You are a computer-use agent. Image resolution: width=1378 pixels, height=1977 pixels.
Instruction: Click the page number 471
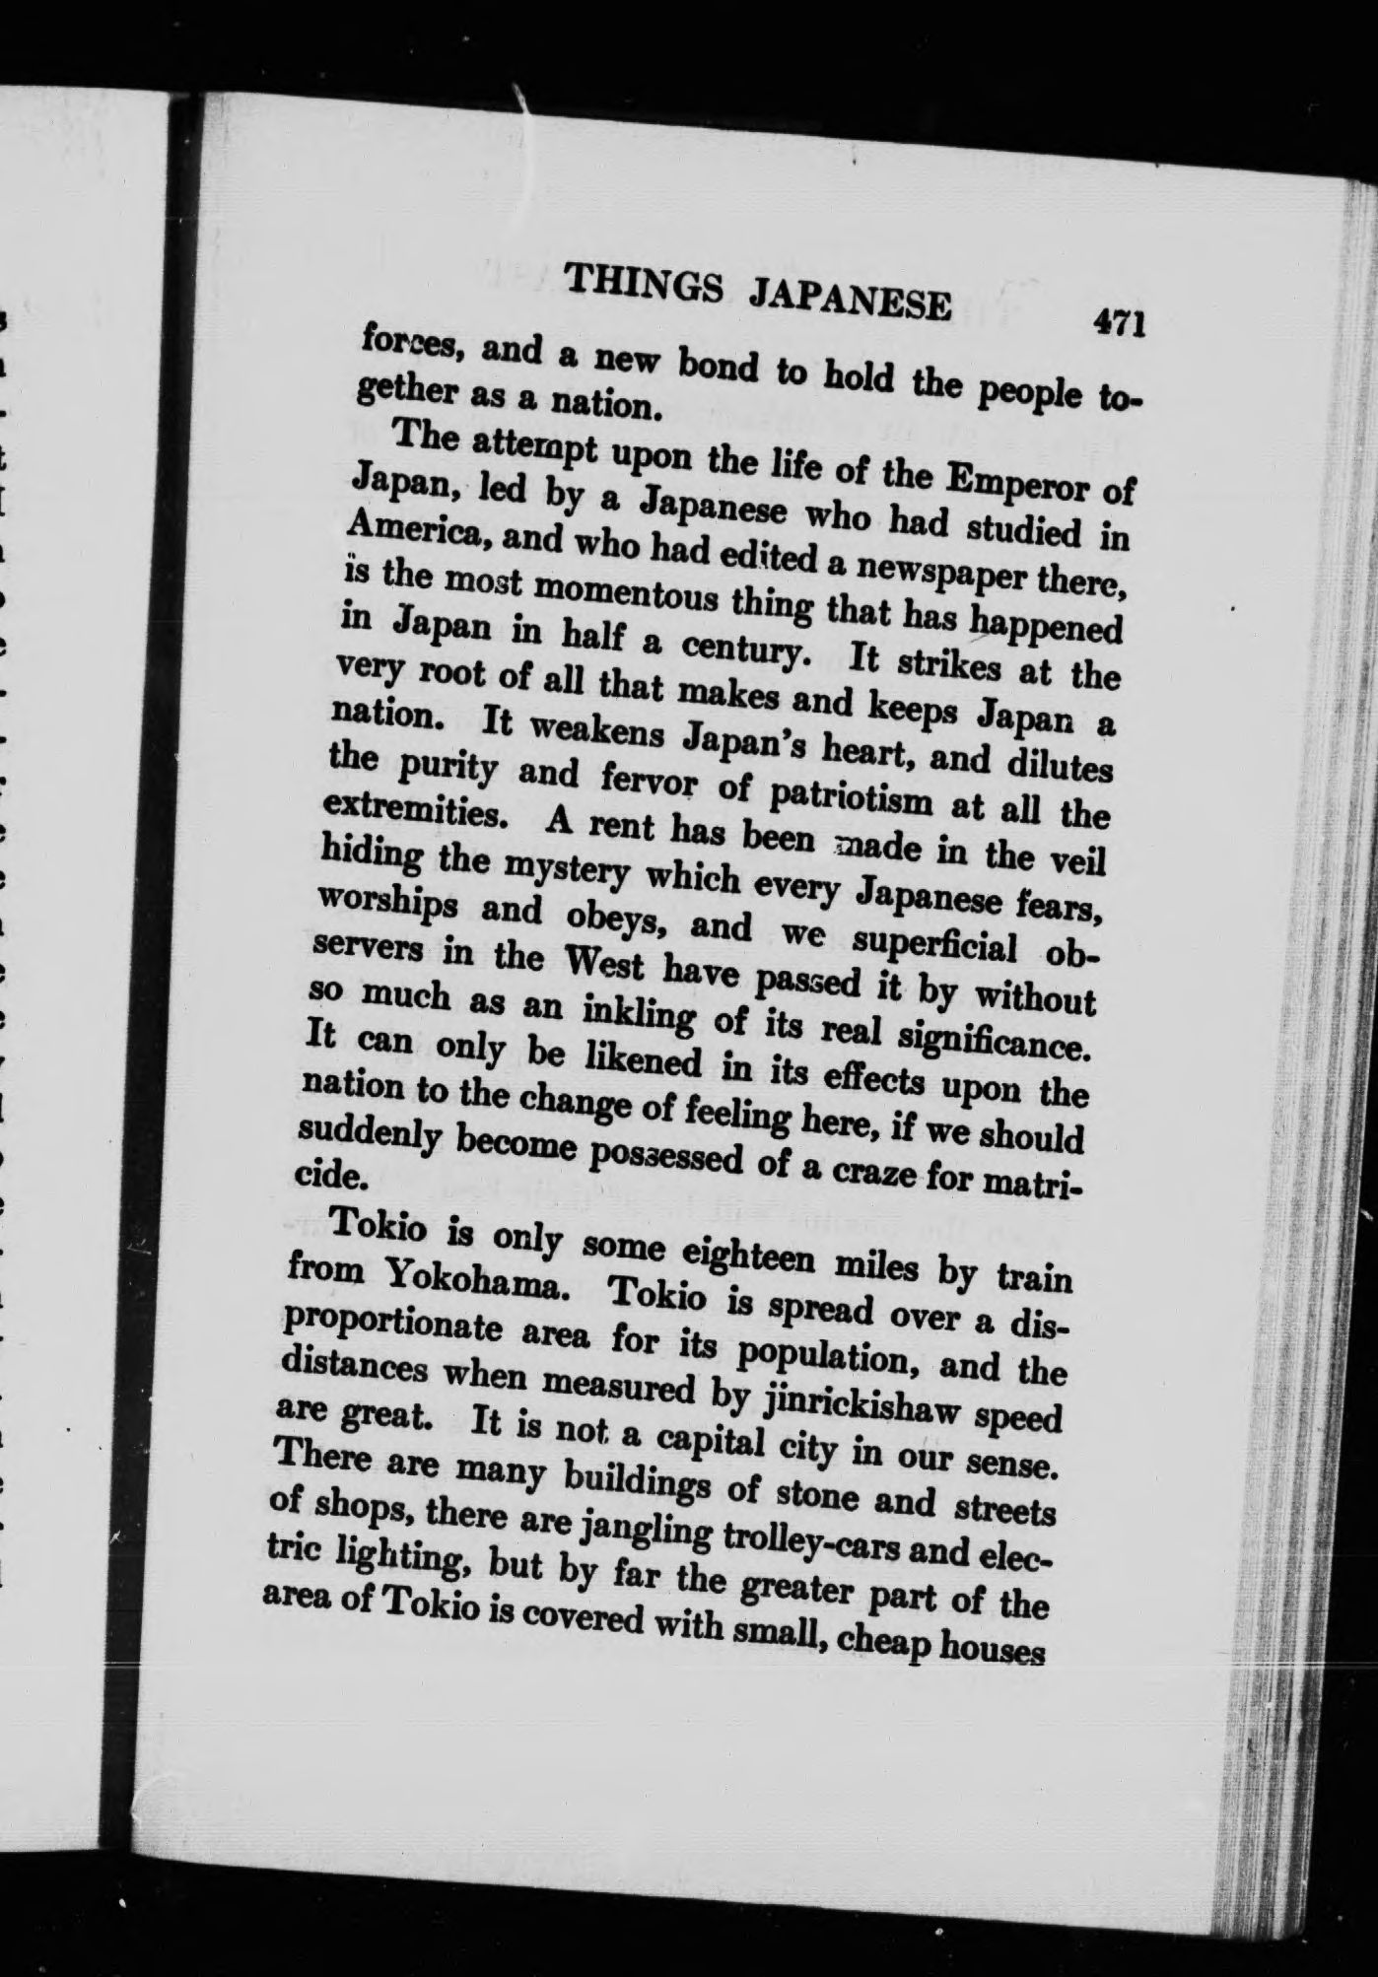pos(1117,323)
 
